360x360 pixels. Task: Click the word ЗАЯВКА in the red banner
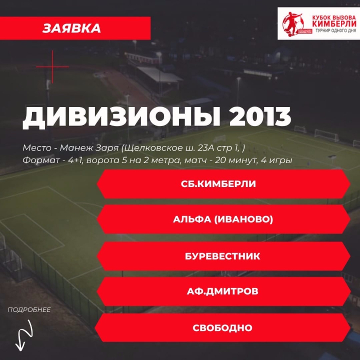(71, 28)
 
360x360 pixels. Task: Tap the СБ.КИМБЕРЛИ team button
(223, 184)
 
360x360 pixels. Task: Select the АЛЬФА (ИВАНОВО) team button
(223, 219)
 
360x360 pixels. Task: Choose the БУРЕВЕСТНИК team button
(223, 256)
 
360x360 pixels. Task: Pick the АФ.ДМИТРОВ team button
(223, 291)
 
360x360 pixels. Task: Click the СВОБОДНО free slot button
(222, 327)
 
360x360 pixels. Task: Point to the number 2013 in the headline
(260, 116)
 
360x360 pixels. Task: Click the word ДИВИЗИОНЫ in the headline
(121, 117)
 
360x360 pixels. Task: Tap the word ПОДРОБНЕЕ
(29, 309)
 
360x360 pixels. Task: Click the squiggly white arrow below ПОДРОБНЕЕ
(24, 335)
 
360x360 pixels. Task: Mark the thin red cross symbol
(52, 67)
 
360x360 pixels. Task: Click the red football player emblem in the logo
(293, 24)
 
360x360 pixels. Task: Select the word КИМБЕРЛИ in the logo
(334, 23)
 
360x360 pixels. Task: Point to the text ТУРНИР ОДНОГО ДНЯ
(335, 31)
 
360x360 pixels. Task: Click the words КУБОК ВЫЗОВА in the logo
(334, 17)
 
